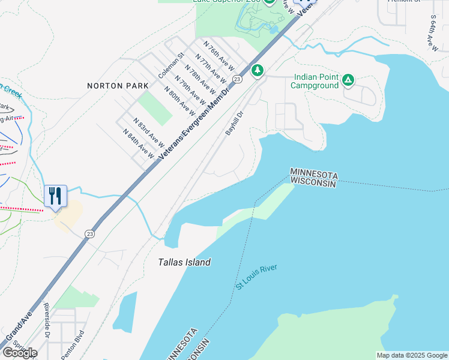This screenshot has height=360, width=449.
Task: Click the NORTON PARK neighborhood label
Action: pyautogui.click(x=113, y=86)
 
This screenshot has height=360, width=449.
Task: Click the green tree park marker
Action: pyautogui.click(x=258, y=70)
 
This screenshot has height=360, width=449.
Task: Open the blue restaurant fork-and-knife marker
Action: pyautogui.click(x=55, y=196)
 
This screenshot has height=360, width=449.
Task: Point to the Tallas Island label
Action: pyautogui.click(x=184, y=262)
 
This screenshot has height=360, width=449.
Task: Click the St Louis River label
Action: pyautogui.click(x=256, y=277)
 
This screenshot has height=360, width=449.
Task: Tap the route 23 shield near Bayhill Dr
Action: pyautogui.click(x=238, y=79)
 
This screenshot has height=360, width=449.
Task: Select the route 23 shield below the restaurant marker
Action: pyautogui.click(x=89, y=233)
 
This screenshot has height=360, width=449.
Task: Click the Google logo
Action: pyautogui.click(x=19, y=352)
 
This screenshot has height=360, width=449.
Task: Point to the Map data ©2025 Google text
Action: pyautogui.click(x=411, y=355)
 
